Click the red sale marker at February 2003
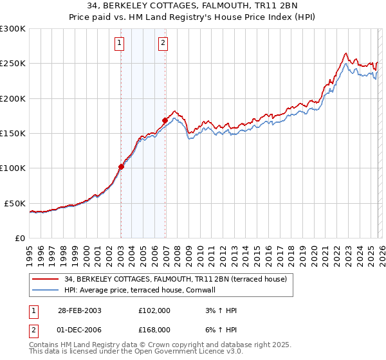point(121,166)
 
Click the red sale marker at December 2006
point(165,120)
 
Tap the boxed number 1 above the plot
point(120,43)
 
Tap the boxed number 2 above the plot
point(163,43)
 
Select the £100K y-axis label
point(14,168)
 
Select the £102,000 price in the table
point(154,310)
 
